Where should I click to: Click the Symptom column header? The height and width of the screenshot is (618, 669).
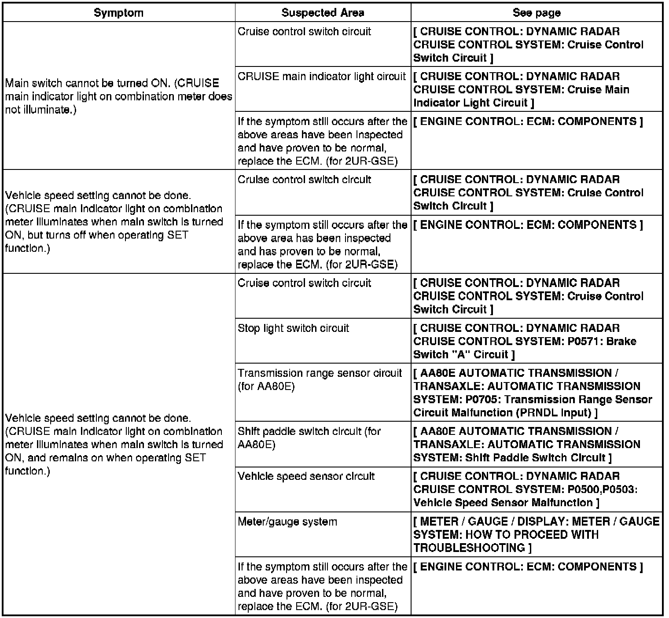point(118,13)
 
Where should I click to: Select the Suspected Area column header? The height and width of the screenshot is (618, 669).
point(323,13)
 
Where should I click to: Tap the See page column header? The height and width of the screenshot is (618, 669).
point(537,13)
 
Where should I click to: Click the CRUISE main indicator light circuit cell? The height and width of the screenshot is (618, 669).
point(322,77)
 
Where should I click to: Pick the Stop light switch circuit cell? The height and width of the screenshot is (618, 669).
point(293,328)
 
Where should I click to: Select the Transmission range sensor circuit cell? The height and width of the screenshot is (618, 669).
point(320,379)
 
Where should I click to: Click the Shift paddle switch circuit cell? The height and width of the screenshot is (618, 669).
point(309,438)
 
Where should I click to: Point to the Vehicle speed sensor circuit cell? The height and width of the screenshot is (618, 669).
point(306,476)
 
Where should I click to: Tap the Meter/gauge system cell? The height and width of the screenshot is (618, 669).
point(287,522)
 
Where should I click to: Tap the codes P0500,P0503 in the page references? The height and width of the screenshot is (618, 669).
point(602,489)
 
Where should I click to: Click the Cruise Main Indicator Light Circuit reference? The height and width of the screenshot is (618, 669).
point(522,96)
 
